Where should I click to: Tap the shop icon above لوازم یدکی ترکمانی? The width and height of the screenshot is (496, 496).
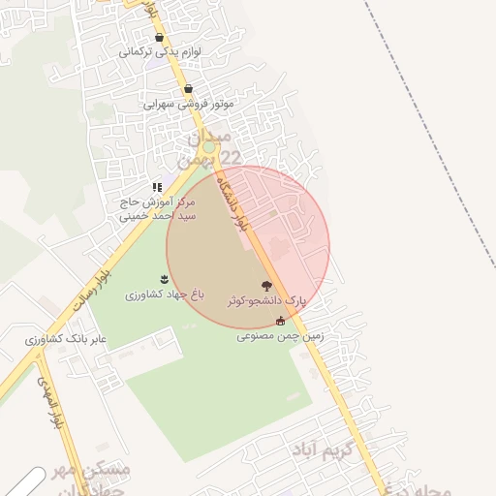tap(159, 38)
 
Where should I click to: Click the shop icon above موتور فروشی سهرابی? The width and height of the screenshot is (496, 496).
tap(188, 88)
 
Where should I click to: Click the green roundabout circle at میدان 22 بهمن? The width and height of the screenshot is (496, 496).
tap(208, 147)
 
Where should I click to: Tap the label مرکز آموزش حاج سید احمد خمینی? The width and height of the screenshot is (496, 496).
tap(157, 209)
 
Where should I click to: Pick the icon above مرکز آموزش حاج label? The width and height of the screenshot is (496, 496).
tap(156, 187)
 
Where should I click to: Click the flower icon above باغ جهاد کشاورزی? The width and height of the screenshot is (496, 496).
tap(164, 280)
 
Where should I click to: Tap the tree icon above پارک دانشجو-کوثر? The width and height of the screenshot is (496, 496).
tap(266, 286)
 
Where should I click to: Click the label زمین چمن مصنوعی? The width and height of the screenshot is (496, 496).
tap(280, 336)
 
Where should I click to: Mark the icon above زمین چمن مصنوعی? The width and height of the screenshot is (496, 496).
tap(281, 321)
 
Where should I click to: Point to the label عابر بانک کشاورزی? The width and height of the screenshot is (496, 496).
tap(66, 341)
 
